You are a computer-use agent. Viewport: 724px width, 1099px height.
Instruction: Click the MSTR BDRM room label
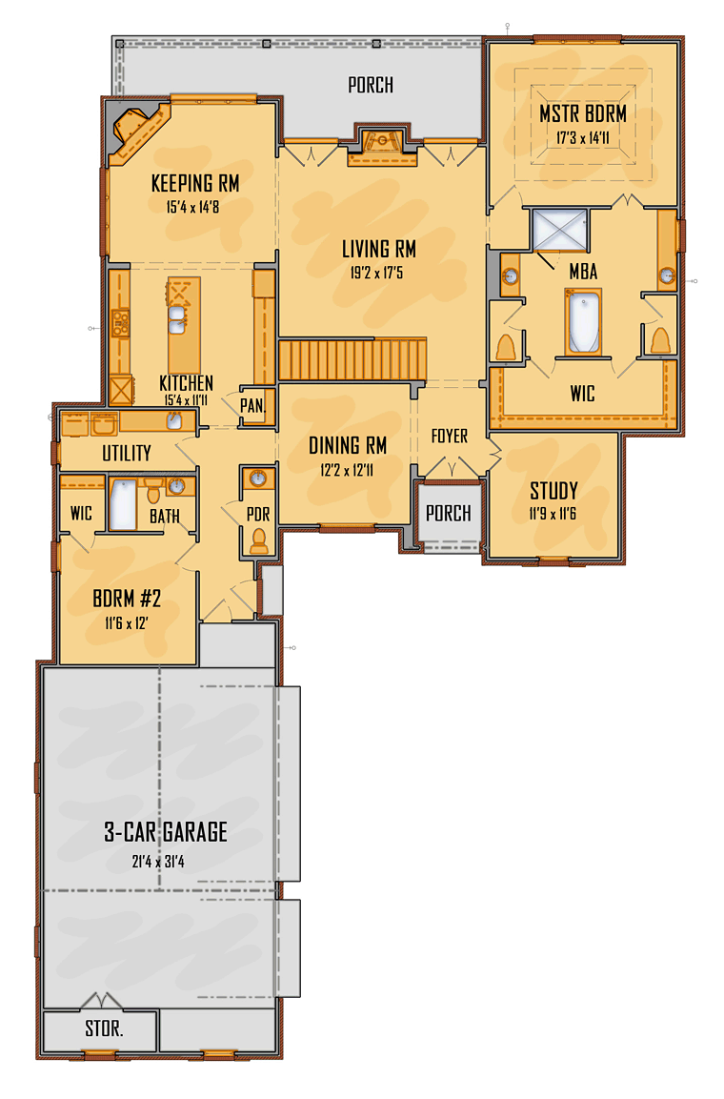(582, 114)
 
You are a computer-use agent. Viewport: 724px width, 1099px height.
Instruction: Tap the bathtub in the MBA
(583, 323)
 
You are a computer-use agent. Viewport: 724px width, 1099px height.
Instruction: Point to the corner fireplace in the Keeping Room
(136, 129)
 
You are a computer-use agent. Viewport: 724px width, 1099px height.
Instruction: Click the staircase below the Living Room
(352, 359)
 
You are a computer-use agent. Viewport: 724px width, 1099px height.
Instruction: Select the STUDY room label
(553, 491)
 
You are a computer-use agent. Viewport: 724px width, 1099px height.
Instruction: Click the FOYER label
(450, 437)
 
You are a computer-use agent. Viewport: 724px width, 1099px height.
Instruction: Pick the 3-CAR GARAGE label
(166, 832)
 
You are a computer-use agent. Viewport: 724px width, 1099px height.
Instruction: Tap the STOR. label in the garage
(105, 1029)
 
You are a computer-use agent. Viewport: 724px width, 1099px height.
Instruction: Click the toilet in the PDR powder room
(257, 540)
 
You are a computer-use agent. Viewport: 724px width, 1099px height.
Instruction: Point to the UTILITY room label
(127, 453)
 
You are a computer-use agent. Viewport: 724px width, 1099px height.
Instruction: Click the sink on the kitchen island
(177, 316)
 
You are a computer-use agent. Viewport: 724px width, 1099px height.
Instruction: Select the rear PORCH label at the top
(371, 86)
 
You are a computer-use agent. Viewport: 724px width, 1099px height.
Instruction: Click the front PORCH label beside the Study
(448, 514)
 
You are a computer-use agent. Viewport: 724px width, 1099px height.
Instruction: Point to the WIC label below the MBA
(582, 393)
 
